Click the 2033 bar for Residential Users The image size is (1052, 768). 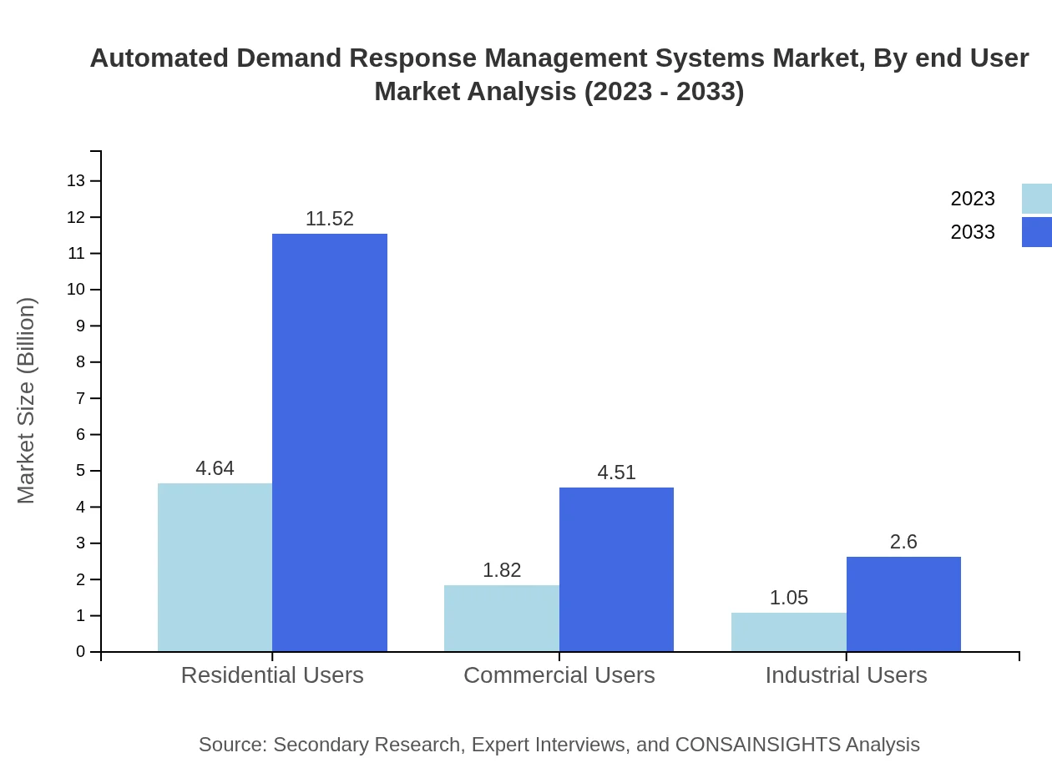point(330,442)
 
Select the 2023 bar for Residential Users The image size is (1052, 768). point(215,568)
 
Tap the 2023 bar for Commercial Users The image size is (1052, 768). point(501,619)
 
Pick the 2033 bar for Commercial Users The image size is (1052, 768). point(616,569)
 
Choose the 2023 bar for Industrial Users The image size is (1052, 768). point(788,632)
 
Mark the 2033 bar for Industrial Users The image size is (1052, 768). point(903,604)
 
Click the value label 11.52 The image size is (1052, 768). point(330,219)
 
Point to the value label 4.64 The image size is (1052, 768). point(215,468)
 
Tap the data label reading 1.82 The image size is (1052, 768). point(501,570)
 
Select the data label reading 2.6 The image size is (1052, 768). point(903,542)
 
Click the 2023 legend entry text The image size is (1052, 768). point(973,199)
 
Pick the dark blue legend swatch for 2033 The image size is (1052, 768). point(1037,232)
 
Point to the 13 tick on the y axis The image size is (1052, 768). point(76,181)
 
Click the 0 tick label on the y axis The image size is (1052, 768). point(81,652)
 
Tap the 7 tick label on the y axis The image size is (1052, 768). point(81,398)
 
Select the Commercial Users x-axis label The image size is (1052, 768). point(559,675)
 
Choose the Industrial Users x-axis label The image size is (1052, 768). point(846,675)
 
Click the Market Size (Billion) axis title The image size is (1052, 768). point(26,401)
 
